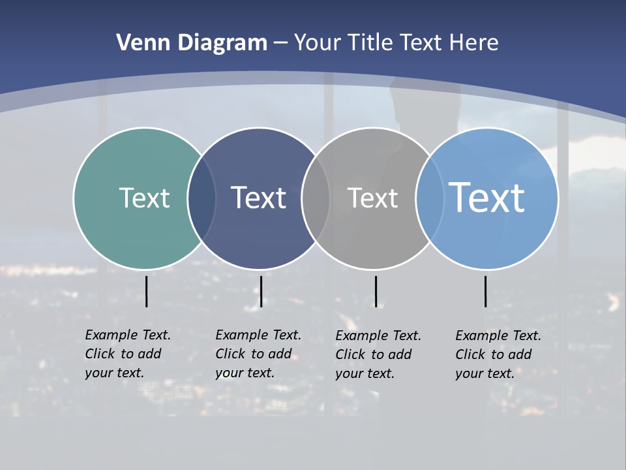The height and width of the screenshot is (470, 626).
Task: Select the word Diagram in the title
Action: pos(222,43)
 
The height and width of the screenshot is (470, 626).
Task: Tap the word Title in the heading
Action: pos(371,42)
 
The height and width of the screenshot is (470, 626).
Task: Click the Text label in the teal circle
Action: pos(144,198)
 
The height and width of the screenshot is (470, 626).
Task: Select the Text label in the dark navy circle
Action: pos(258,198)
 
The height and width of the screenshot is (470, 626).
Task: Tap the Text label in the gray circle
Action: pos(372,198)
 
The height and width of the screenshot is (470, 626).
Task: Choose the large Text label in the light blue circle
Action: pos(486,197)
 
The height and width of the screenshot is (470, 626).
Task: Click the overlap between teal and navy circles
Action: pos(201,198)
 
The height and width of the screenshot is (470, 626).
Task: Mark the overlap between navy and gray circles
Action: pos(316,198)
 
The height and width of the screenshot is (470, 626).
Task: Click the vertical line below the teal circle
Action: pos(146,291)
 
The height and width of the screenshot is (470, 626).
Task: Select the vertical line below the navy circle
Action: pos(261,291)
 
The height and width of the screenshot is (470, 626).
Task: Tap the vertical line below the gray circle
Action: pos(376,291)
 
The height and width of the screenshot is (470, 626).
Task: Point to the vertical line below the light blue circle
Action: pos(485,291)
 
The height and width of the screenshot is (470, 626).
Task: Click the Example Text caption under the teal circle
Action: pos(128,354)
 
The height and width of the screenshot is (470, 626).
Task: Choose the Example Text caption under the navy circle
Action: pos(258,354)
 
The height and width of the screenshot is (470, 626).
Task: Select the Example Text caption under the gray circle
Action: pos(378,354)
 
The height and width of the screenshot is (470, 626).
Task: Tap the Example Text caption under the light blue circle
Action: pos(498,354)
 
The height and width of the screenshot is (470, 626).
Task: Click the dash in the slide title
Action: pos(280,43)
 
